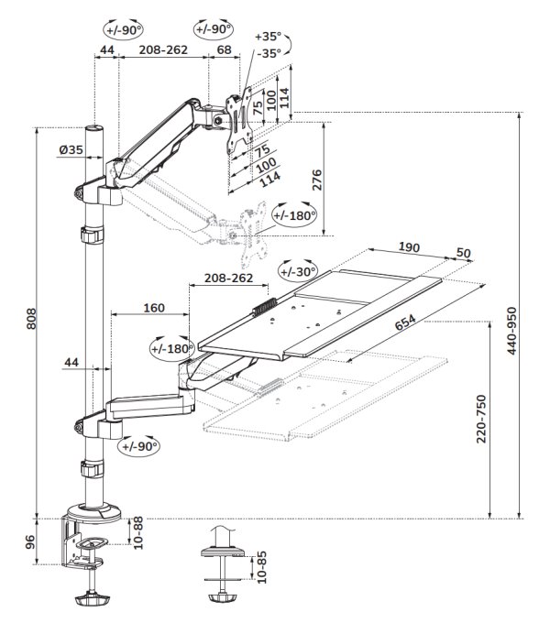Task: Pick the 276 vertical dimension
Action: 317,180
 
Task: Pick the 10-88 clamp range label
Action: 137,535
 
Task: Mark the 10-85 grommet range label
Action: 262,569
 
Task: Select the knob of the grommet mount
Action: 221,599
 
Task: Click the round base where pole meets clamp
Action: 95,509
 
